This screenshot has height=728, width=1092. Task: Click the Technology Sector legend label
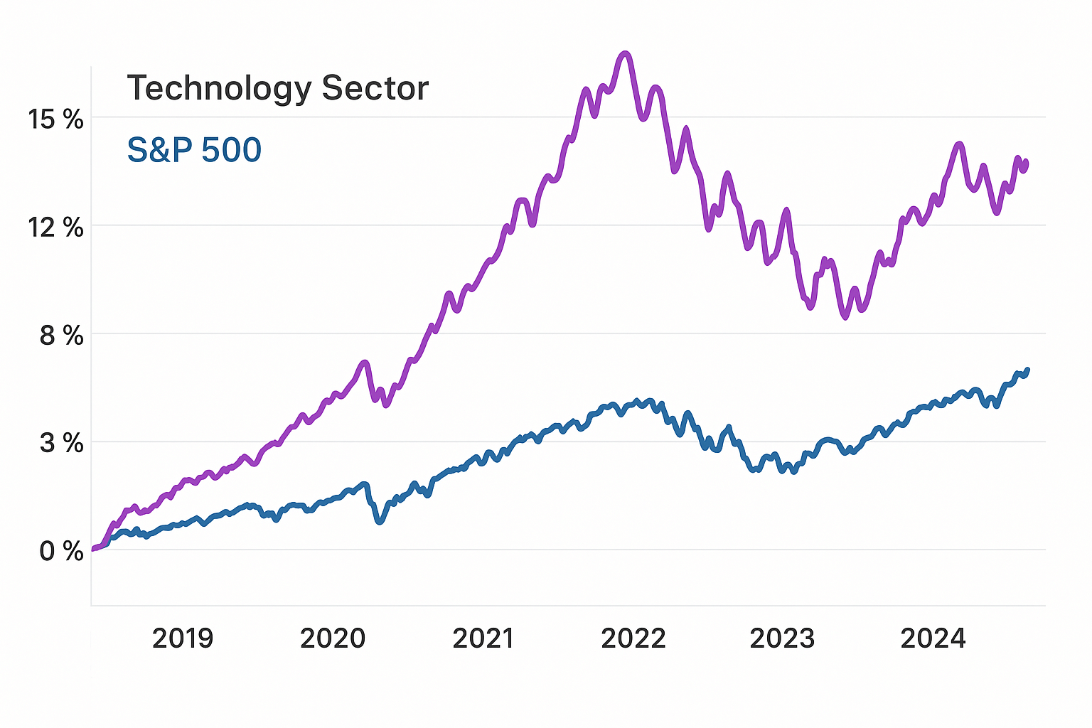(277, 89)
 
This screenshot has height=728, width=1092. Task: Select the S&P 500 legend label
(194, 151)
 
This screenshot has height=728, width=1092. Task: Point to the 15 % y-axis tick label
(55, 119)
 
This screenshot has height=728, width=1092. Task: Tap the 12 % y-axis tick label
(55, 228)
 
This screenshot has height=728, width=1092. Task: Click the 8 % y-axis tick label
(61, 336)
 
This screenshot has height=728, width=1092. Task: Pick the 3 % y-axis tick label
(61, 444)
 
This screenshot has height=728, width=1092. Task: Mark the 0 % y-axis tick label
(61, 551)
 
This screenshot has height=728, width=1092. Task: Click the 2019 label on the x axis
(183, 638)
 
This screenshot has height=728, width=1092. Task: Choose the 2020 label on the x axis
(333, 638)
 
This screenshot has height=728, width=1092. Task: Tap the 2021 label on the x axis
(483, 638)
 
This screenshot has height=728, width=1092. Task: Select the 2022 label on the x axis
(633, 638)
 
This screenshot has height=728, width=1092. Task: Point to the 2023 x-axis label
(783, 638)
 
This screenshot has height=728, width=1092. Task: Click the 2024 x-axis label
(933, 638)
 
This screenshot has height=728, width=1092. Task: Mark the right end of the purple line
(1026, 163)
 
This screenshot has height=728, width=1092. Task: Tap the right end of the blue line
(1028, 370)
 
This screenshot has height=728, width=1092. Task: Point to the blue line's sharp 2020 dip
(380, 521)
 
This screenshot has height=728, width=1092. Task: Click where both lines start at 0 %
(94, 549)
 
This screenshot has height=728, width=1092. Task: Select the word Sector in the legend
(375, 89)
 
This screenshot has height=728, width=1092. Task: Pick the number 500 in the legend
(231, 151)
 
